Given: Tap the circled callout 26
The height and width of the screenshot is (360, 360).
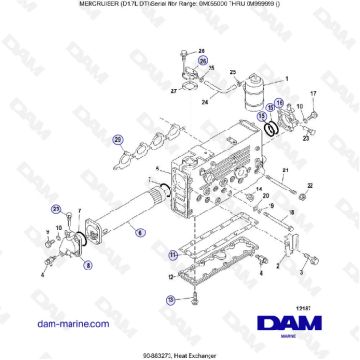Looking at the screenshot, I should click(203, 60).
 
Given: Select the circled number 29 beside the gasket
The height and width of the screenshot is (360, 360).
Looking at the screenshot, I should click(118, 140).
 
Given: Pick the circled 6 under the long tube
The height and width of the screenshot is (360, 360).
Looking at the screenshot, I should click(140, 231).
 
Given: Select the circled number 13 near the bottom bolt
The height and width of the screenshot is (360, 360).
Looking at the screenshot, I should click(171, 299).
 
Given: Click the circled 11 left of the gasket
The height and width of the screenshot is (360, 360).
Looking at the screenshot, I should click(172, 256).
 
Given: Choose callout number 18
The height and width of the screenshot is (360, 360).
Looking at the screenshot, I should click(290, 214).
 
